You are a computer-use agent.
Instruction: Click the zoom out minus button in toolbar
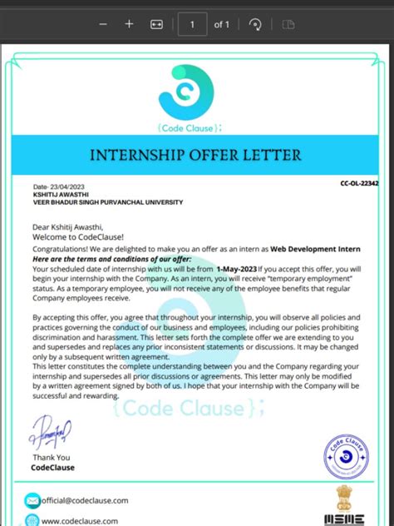click(103, 25)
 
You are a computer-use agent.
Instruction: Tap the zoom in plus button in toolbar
click(129, 25)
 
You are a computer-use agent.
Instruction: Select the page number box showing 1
click(193, 25)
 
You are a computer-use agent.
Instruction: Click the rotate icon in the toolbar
click(256, 25)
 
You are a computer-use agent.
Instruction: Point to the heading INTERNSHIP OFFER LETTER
click(196, 155)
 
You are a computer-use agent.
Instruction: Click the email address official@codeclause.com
click(86, 500)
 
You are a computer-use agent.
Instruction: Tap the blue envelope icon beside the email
click(32, 500)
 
